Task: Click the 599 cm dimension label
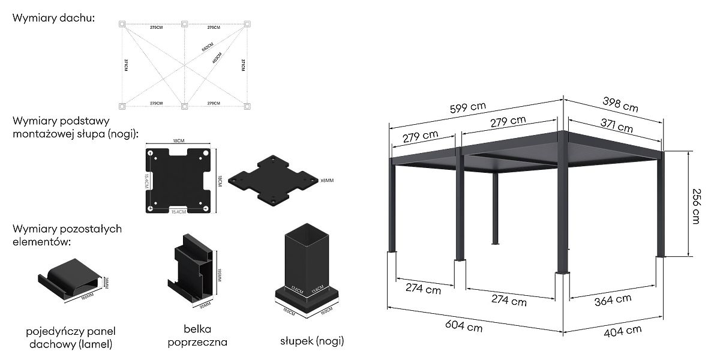[x=469, y=107]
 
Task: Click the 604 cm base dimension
[x=464, y=326]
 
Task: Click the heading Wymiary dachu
[x=53, y=19]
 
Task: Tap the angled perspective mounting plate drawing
[x=274, y=179]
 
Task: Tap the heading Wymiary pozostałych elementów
[x=67, y=235]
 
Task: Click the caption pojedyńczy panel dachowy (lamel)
[x=71, y=338]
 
